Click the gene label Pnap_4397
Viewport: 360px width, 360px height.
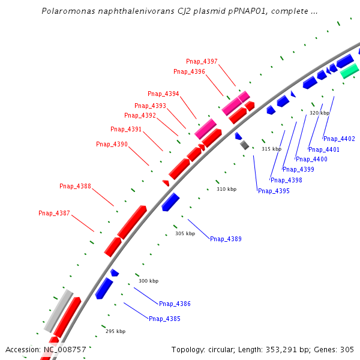pos(202,61)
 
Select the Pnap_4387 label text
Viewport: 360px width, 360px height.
pos(54,213)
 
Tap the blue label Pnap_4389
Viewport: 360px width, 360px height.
pos(226,239)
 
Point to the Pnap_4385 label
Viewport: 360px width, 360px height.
pos(164,319)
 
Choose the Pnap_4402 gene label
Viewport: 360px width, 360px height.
pos(339,139)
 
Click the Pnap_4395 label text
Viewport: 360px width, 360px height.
pos(274,191)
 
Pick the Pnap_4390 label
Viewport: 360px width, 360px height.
pos(112,144)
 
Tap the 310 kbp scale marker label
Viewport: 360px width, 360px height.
pos(227,189)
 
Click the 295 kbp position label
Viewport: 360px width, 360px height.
pos(116,331)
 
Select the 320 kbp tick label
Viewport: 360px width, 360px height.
pos(319,113)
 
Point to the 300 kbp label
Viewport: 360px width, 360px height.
pos(149,281)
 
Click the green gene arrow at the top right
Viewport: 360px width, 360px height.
pos(349,71)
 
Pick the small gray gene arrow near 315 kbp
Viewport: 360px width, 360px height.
pos(244,145)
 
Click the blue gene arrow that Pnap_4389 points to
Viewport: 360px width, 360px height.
pos(170,202)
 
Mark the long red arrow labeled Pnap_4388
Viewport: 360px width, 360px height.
pos(132,221)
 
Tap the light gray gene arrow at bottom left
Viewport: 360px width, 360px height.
pos(58,310)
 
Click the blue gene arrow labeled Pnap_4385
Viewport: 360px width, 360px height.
pos(104,288)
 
